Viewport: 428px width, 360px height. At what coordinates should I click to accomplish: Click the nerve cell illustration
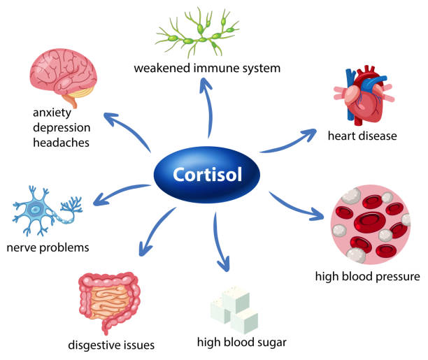coord(46,210)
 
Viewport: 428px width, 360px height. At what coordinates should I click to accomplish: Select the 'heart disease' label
coord(362,136)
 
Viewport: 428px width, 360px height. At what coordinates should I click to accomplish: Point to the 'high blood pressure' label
coord(366,276)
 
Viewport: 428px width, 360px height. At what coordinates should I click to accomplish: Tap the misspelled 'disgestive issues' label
coord(111,345)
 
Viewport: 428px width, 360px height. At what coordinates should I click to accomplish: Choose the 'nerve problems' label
coord(47,247)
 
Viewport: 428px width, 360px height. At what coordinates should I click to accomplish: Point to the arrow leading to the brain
coord(125,132)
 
